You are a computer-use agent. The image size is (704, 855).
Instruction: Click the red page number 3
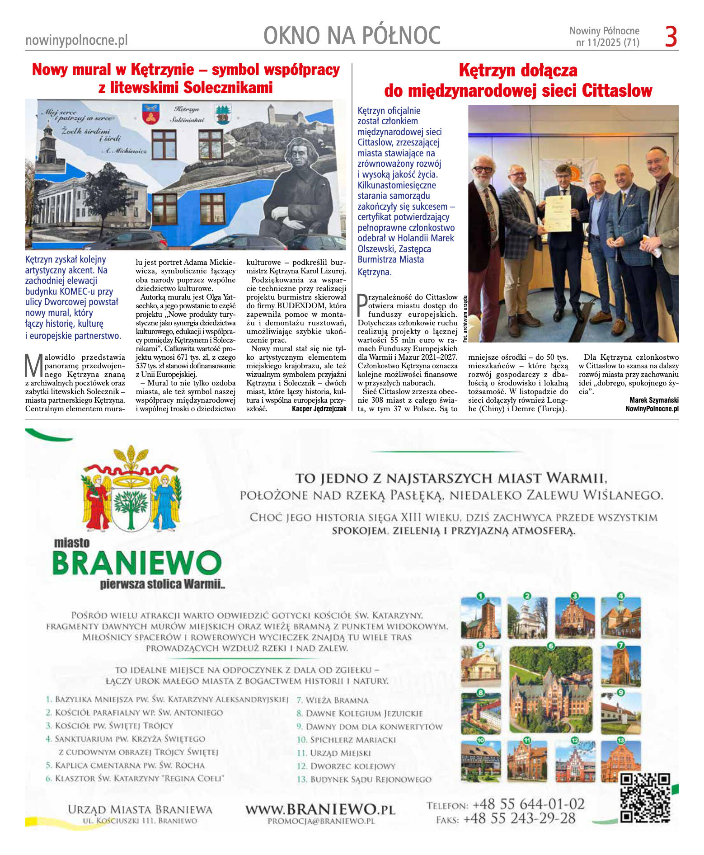(x=671, y=37)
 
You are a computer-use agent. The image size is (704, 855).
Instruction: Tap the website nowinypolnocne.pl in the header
(x=76, y=40)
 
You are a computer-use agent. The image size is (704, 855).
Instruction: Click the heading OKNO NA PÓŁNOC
(x=352, y=36)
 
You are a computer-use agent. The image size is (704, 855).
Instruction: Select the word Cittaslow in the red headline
(x=617, y=91)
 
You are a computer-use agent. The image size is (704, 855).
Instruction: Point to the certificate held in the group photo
(x=558, y=213)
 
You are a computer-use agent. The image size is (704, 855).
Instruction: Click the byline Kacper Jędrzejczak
(x=319, y=409)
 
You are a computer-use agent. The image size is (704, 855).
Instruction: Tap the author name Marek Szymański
(x=653, y=400)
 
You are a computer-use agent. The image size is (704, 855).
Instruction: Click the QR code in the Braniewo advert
(x=645, y=798)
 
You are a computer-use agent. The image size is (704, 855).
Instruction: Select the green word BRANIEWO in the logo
(x=137, y=563)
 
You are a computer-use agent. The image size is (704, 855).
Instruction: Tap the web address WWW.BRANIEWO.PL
(x=320, y=808)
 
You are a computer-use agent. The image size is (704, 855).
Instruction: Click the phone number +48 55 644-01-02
(x=528, y=804)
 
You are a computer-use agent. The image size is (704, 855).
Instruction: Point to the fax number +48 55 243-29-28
(x=519, y=818)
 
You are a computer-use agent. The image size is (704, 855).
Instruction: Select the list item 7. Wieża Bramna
(x=333, y=700)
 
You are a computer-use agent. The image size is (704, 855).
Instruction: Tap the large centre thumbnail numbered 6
(x=550, y=689)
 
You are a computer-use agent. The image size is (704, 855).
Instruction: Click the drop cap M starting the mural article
(x=34, y=366)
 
